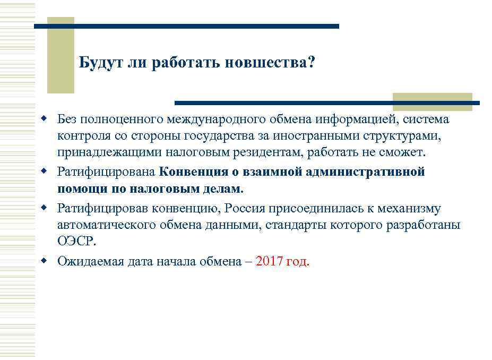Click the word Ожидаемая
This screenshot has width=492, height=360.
tap(91, 261)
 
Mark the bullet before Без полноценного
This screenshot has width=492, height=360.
tap(46, 118)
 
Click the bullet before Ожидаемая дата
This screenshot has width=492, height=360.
tap(46, 261)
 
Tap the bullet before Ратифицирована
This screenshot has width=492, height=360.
tap(46, 172)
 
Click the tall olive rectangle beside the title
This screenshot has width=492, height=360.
tap(61, 55)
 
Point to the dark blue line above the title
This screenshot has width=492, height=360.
tap(186, 26)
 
